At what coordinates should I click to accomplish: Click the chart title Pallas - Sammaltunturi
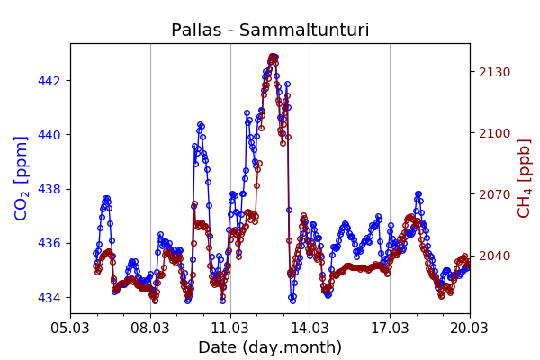pos(270,31)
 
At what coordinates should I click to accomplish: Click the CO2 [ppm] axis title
pos(22,177)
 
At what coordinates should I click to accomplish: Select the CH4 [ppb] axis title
pos(524,177)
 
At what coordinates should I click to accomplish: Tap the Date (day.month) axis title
pos(270,347)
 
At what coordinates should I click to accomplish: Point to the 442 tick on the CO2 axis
pos(49,81)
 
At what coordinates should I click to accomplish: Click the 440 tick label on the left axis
pos(49,135)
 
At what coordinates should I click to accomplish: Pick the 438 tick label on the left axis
pos(49,189)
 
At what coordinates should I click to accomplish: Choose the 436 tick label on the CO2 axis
pos(49,243)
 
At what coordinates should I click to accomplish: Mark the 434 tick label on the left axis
pos(49,297)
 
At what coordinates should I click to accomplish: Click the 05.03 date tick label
pos(70,327)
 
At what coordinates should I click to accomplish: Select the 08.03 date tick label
pos(150,327)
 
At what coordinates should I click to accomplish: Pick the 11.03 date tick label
pos(230,327)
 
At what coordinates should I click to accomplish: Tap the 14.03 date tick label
pos(310,327)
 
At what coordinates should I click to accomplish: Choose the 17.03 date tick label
pos(390,327)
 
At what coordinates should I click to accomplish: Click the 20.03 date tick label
pos(470,327)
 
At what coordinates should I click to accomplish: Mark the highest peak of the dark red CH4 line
pos(273,57)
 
